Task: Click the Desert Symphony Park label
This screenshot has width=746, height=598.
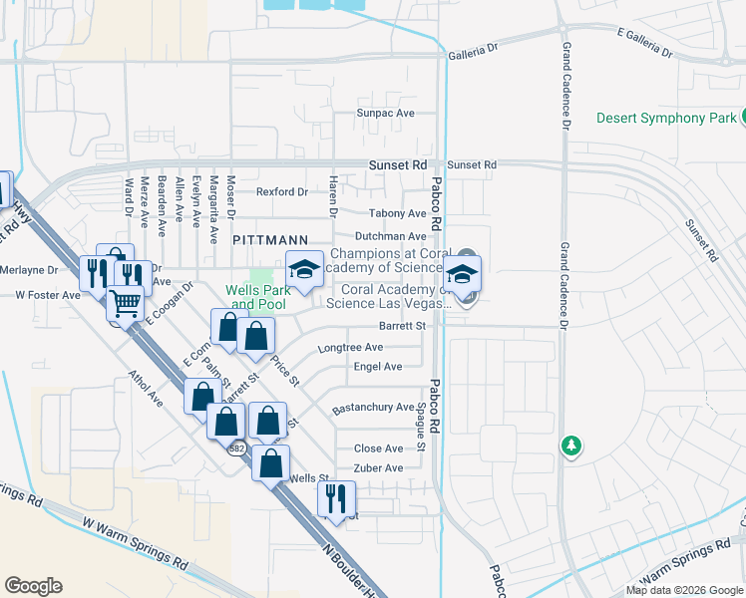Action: click(x=665, y=118)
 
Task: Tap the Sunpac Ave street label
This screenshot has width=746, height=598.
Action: click(x=386, y=114)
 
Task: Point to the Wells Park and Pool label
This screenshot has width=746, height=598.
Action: click(x=256, y=296)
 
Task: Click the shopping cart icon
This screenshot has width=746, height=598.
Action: click(x=126, y=303)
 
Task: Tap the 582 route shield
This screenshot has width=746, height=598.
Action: click(x=236, y=448)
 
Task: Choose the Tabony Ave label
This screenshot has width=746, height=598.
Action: click(x=398, y=213)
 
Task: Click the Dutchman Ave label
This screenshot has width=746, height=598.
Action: click(x=391, y=236)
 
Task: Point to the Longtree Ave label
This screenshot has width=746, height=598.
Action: click(x=350, y=348)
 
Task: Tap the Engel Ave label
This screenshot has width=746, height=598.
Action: click(x=378, y=367)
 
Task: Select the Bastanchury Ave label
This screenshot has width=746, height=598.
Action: click(x=372, y=408)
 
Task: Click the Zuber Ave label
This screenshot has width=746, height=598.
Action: click(x=378, y=468)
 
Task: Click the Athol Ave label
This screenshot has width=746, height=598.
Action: click(x=146, y=389)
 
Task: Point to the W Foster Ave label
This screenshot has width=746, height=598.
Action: click(x=47, y=295)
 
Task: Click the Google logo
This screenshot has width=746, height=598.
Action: click(x=33, y=586)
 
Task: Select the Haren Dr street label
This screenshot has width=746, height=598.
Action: click(x=333, y=200)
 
